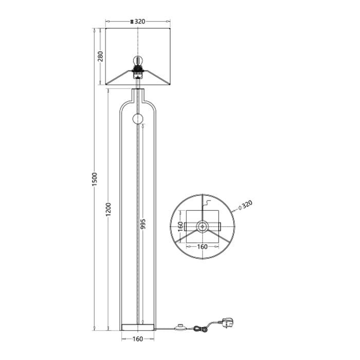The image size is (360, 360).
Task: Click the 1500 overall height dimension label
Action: coord(95,179)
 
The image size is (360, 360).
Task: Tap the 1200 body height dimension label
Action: coord(109,209)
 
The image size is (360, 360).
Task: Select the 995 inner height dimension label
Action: coord(143,224)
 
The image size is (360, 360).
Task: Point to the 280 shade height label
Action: coord(101,56)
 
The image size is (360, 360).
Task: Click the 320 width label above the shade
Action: coord(139,22)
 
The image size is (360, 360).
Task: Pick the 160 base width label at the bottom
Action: coord(138,339)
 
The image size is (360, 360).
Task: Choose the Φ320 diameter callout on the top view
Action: coord(246,204)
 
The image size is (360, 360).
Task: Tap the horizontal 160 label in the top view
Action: coord(202,246)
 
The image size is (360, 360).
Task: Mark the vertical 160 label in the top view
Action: coord(181,226)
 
